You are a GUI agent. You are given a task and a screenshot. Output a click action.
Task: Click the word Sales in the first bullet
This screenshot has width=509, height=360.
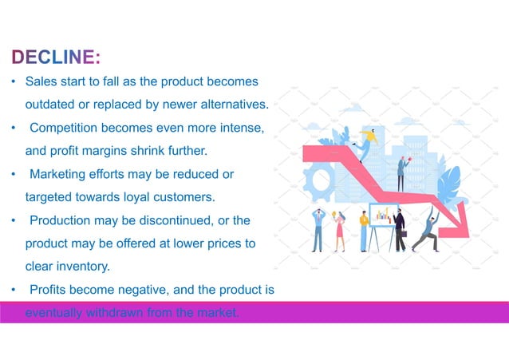pos(40,82)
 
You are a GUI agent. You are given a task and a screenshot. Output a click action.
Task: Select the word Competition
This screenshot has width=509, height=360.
pos(67,128)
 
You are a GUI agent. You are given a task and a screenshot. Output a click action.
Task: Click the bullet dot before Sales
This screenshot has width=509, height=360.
pos(13,82)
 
